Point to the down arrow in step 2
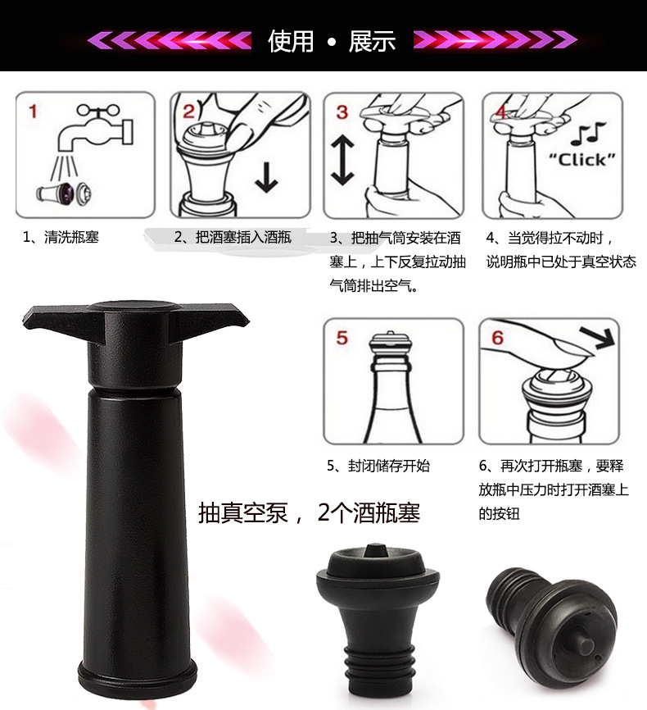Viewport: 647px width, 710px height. tap(266, 175)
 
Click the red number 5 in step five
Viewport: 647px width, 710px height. tap(342, 338)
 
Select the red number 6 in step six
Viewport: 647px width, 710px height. tap(497, 338)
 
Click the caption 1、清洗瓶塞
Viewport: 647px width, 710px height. tap(61, 238)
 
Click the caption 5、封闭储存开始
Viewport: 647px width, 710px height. tap(378, 466)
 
